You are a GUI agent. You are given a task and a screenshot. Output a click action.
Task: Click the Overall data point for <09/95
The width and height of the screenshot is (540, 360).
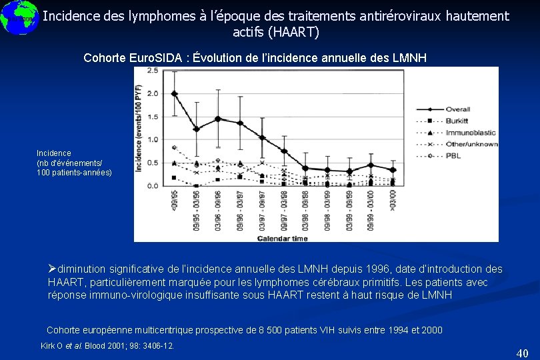click(x=175, y=93)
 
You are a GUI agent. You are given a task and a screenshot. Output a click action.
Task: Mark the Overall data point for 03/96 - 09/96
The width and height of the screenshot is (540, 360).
click(x=217, y=119)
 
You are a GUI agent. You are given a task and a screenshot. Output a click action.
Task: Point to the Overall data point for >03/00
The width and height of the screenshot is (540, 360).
click(x=393, y=170)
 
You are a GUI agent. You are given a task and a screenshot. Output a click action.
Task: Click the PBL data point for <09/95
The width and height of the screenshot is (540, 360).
click(x=175, y=147)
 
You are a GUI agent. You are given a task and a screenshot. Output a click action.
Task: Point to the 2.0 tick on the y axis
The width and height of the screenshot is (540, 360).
click(x=153, y=93)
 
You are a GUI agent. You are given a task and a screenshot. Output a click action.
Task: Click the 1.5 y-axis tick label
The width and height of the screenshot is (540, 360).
click(x=153, y=117)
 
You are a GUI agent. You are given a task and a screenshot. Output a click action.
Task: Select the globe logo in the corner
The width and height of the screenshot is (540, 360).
click(x=18, y=18)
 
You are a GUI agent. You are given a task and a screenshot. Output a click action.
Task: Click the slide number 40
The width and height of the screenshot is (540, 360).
click(x=522, y=353)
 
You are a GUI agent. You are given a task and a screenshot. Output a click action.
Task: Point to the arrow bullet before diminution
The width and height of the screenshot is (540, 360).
click(x=53, y=269)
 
